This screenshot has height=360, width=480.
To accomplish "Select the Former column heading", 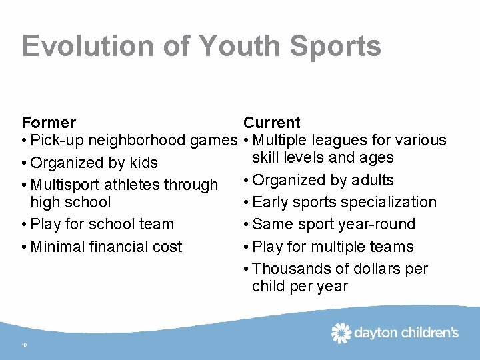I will point(49,123).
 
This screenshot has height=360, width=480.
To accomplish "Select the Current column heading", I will point(272,123).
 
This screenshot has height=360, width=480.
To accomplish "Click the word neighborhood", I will point(137,141).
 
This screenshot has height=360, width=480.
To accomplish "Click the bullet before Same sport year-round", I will point(247,225).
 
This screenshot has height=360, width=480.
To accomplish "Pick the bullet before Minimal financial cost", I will point(25,247).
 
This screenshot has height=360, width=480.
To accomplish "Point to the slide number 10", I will point(24,345).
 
